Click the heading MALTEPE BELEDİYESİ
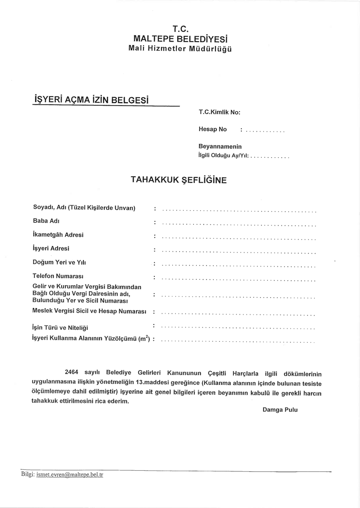181,38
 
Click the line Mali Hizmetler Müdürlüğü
180,49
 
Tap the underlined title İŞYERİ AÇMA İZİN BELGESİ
91,99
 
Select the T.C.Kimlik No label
219,112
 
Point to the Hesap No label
213,129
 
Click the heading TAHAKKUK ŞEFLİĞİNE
178,180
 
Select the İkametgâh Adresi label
58,234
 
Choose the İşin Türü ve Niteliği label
61,327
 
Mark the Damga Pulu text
280,410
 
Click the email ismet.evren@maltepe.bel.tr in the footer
70,475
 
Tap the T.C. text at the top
181,28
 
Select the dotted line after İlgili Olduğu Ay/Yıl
270,157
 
